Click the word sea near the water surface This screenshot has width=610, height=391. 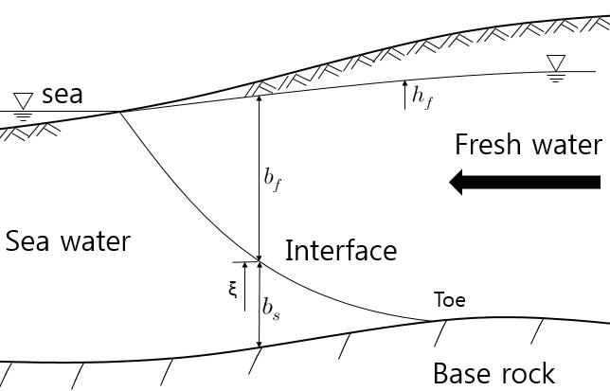(x=62, y=95)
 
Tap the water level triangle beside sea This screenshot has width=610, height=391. (x=23, y=99)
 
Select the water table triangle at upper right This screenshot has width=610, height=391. (x=556, y=63)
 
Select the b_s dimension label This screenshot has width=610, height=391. (x=272, y=309)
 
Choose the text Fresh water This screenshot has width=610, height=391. (x=528, y=145)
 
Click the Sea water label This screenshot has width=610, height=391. (x=67, y=241)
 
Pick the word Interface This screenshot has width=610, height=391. (x=341, y=251)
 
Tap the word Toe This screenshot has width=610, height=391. (x=449, y=301)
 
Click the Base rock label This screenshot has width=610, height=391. (x=493, y=372)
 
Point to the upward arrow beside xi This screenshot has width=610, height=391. (x=245, y=280)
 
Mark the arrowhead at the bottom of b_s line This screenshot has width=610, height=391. (x=259, y=343)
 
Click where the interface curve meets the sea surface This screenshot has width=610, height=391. (x=120, y=111)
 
